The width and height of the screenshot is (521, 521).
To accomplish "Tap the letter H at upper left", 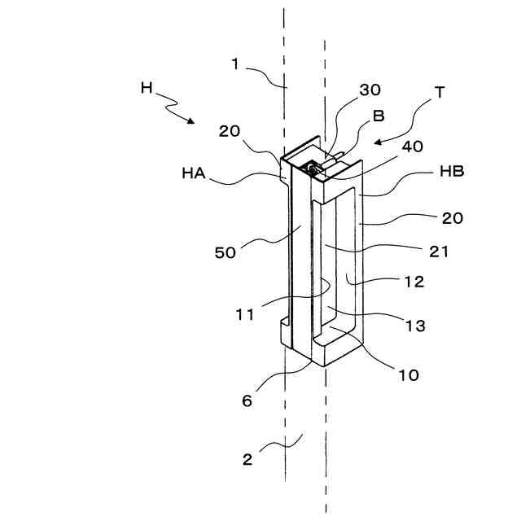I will click(147, 88).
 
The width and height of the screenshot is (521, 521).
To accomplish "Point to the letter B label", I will click(379, 116).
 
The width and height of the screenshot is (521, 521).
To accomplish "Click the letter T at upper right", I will click(440, 92).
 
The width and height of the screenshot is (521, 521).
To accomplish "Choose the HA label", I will click(194, 173).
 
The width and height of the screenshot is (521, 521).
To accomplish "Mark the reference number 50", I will click(225, 252).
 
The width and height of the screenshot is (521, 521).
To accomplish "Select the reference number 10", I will click(408, 375).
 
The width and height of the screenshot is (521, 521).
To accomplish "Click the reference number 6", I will click(246, 401).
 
